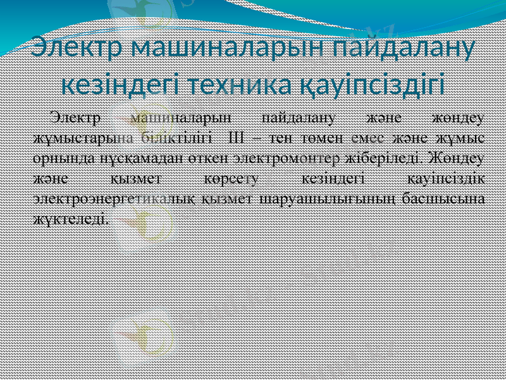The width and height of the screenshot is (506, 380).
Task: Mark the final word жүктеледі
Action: pyautogui.click(x=69, y=218)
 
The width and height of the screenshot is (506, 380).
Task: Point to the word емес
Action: pyautogui.click(x=369, y=137)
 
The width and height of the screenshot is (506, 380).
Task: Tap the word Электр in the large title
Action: pyautogui.click(x=78, y=48)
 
